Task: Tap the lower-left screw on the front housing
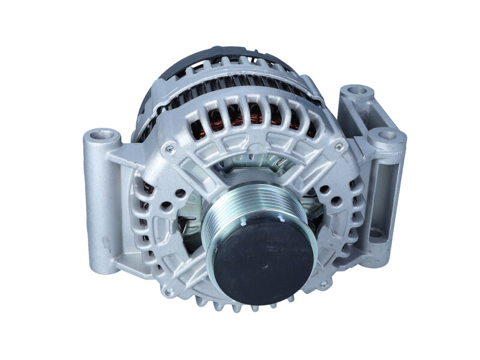[170, 292]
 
